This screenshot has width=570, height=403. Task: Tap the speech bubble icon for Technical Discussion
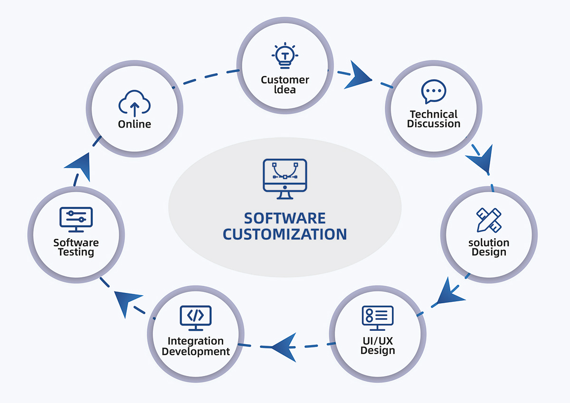pyautogui.click(x=433, y=92)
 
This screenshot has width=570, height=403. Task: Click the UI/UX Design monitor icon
pyautogui.click(x=378, y=317)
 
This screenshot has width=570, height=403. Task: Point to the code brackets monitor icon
pyautogui.click(x=196, y=317)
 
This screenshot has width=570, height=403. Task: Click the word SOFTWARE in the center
pyautogui.click(x=285, y=218)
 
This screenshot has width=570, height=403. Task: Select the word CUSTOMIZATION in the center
pyautogui.click(x=285, y=234)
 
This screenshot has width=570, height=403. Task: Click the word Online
pyautogui.click(x=134, y=124)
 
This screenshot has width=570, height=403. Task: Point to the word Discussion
pyautogui.click(x=434, y=124)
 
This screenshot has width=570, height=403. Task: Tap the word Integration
pyautogui.click(x=196, y=341)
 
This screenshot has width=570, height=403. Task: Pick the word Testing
pyautogui.click(x=76, y=252)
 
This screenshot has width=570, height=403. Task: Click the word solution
pyautogui.click(x=489, y=243)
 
